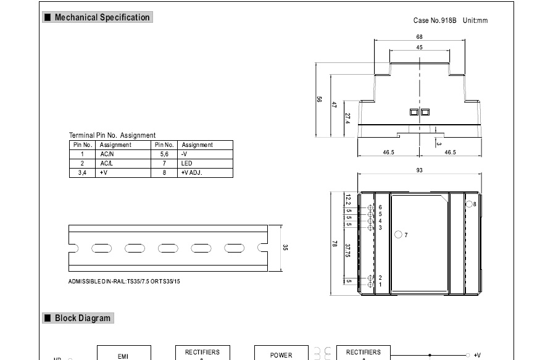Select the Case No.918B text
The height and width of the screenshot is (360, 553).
434,20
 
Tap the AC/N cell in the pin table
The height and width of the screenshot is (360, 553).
107,154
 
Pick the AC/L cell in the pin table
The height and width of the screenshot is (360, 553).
107,163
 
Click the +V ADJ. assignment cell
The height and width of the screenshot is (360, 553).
192,172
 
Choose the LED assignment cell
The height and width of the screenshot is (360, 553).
187,163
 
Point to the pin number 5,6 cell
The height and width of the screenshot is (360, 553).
164,154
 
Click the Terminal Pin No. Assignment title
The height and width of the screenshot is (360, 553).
112,135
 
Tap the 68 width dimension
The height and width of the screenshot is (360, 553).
420,37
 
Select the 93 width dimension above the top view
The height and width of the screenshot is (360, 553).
420,170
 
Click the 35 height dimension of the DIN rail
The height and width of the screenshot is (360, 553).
285,248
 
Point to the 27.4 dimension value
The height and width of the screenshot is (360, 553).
347,118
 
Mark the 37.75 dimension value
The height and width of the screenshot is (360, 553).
348,251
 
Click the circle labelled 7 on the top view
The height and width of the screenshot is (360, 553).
398,235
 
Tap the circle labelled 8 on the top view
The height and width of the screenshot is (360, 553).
468,204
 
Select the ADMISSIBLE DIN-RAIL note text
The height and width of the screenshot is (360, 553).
124,281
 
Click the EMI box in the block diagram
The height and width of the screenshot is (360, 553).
123,355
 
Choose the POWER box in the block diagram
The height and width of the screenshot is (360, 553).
281,354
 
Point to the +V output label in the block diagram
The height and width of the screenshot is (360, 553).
477,355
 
